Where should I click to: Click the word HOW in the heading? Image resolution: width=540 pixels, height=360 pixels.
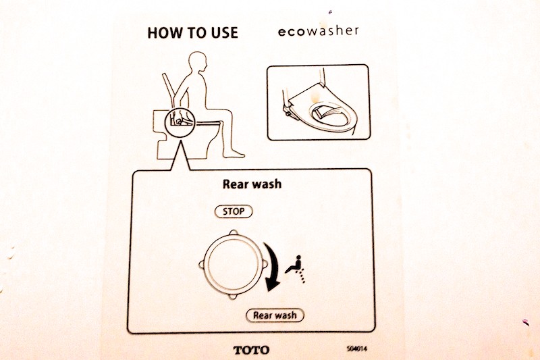pyautogui.click(x=163, y=32)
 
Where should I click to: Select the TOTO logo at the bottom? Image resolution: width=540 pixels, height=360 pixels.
pyautogui.click(x=250, y=350)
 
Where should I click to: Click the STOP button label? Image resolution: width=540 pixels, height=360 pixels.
pyautogui.click(x=234, y=211)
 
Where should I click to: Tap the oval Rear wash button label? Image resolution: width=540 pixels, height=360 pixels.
pyautogui.click(x=274, y=315)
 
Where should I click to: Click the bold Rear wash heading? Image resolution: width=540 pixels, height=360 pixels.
pyautogui.click(x=251, y=183)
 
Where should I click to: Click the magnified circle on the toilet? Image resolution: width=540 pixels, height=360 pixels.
pyautogui.click(x=179, y=121)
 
